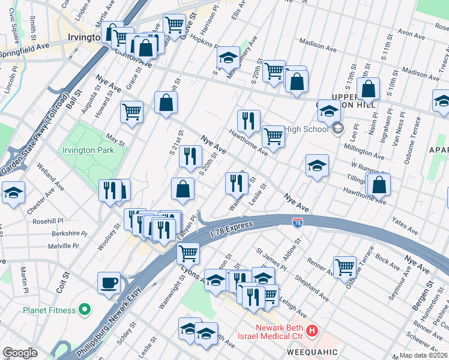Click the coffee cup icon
point(109,282)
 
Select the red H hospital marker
point(312,331)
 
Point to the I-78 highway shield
point(298,223)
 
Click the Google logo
point(20,353)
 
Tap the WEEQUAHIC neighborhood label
point(306,351)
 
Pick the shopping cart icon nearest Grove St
point(174,25)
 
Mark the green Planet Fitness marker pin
point(85,310)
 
